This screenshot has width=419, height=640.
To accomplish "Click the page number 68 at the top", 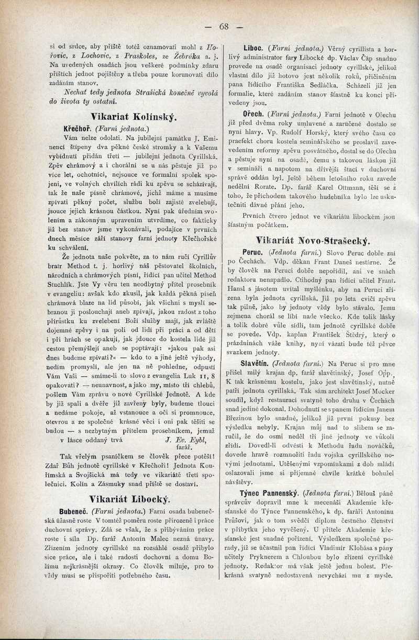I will coord(225,27).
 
